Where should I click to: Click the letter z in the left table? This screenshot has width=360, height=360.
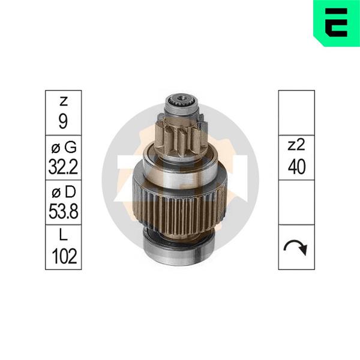(64, 101)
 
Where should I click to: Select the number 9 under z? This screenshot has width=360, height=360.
(63, 122)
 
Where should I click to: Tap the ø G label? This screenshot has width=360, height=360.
(64, 147)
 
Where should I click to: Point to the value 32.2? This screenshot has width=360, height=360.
(64, 167)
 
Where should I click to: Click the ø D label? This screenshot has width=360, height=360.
(64, 192)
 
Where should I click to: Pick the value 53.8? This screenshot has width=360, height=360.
(64, 211)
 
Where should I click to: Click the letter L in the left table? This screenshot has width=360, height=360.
(63, 235)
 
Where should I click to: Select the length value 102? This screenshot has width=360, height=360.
(64, 256)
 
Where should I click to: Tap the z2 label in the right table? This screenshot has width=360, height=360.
(296, 145)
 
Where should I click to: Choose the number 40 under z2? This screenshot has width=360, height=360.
(296, 167)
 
